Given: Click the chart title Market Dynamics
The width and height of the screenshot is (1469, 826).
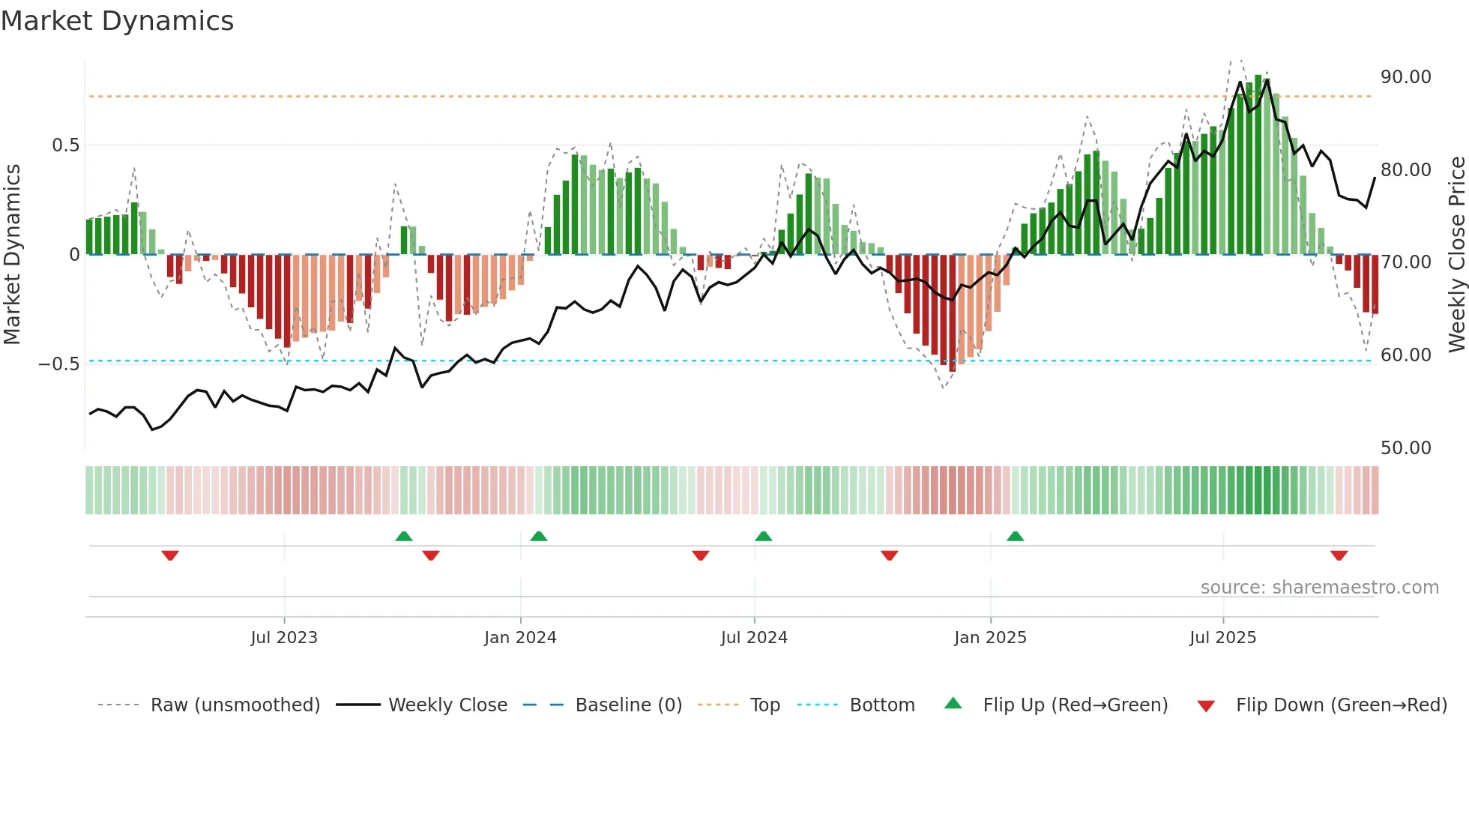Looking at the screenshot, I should point(117,21).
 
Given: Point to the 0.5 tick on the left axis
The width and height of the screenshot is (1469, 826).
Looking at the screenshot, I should point(65,145).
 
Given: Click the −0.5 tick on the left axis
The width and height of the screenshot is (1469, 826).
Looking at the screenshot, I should point(58,364).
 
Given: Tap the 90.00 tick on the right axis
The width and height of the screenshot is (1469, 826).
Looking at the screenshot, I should point(1405,77).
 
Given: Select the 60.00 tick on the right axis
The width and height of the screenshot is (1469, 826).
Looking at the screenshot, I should point(1405,355).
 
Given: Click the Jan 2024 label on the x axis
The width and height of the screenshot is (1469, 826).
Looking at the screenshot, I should point(520,638).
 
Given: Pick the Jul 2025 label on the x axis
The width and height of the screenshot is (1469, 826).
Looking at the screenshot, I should point(1222,638).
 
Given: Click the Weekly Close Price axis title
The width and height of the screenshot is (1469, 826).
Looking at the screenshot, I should point(1456,254).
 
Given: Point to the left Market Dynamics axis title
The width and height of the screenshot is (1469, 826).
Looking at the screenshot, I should point(12,254).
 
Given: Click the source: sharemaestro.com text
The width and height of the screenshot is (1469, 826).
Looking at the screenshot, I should point(1319,588).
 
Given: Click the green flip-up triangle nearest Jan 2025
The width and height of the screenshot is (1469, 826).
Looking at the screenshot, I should point(1015,537).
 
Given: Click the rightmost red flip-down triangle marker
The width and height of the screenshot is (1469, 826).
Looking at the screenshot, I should point(1339,555).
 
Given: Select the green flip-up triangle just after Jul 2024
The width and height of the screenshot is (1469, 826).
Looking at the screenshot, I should point(763,537).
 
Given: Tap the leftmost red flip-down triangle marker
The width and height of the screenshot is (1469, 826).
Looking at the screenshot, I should point(170,555).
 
